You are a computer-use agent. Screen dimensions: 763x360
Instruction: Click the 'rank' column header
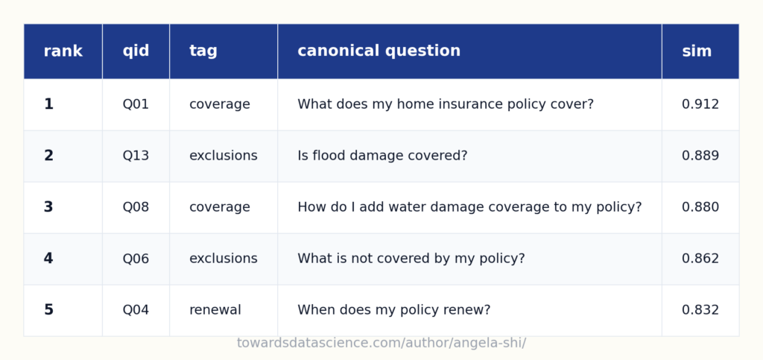click(x=63, y=51)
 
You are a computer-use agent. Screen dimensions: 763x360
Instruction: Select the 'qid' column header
click(x=136, y=51)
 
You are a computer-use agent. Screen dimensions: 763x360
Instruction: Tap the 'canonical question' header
click(x=379, y=51)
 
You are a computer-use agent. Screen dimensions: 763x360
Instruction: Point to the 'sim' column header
click(x=697, y=51)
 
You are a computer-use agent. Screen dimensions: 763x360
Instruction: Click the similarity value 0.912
click(x=700, y=104)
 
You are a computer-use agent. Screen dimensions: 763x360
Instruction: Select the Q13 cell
click(x=136, y=156)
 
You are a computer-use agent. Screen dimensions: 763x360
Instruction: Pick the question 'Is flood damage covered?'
click(x=382, y=156)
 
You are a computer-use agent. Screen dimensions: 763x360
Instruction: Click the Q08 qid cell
click(x=136, y=207)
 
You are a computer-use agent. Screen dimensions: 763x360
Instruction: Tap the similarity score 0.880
click(x=700, y=207)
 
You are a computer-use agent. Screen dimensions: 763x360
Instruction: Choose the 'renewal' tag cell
click(x=215, y=310)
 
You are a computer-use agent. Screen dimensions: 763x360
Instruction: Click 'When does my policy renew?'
click(x=393, y=310)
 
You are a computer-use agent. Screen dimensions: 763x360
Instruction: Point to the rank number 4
click(x=48, y=259)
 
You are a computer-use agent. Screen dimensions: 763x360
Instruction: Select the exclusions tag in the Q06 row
click(x=223, y=259)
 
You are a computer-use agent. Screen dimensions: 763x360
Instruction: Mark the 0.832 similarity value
click(x=700, y=310)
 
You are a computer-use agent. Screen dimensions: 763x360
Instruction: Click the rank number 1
click(x=48, y=104)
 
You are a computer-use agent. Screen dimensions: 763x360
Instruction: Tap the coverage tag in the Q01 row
click(x=220, y=104)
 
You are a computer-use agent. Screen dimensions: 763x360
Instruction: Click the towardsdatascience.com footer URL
click(x=381, y=343)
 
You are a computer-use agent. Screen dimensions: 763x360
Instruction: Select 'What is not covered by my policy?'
click(x=411, y=259)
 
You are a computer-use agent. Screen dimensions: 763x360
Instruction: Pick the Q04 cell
click(x=136, y=310)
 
